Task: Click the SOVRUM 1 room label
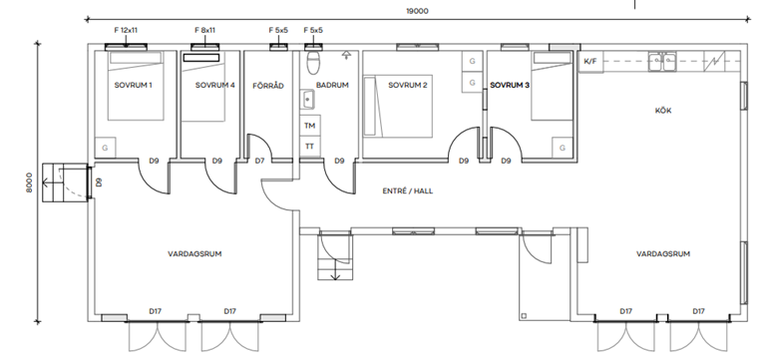134,86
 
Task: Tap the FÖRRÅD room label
268,86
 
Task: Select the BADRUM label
332,86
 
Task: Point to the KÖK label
663,111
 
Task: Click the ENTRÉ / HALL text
408,190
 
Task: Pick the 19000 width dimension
417,11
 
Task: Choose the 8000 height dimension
29,182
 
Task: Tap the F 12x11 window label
126,30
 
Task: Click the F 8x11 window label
205,30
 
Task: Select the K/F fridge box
590,62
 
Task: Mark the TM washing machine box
310,126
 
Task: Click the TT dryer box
310,146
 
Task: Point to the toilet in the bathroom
313,62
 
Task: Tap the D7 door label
259,161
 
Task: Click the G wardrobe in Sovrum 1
105,148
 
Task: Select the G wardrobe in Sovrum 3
563,148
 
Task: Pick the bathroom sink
307,100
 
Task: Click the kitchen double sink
662,62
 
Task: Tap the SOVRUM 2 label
408,86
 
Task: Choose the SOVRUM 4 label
215,86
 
